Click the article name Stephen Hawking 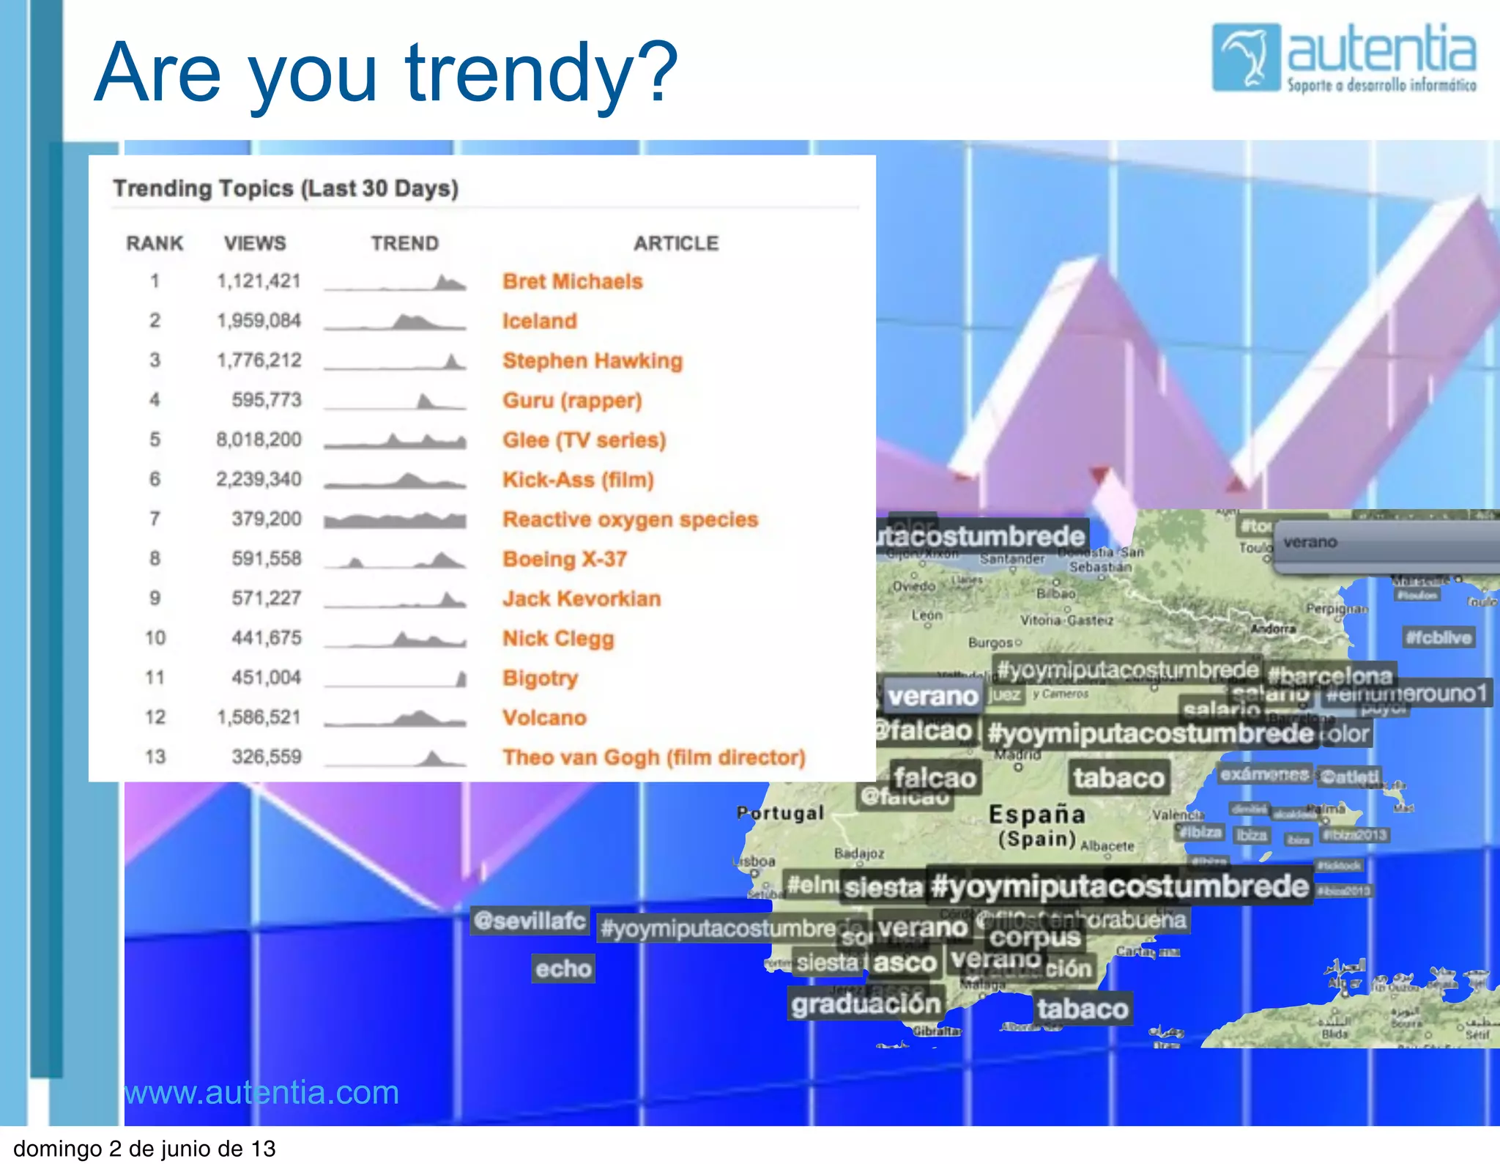[x=592, y=360]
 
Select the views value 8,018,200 [x=259, y=440]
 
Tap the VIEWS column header [x=255, y=243]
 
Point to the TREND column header [x=404, y=243]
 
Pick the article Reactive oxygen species [x=630, y=519]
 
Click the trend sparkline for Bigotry [x=395, y=678]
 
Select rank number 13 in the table [x=155, y=757]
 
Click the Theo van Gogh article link [x=653, y=757]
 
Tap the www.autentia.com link [x=261, y=1092]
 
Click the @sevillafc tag [x=530, y=920]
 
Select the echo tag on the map [x=562, y=968]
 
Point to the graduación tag [x=866, y=1004]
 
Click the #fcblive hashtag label [x=1438, y=637]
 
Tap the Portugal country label [x=781, y=813]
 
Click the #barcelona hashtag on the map [x=1330, y=675]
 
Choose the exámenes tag [x=1264, y=774]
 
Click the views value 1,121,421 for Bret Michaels [x=259, y=281]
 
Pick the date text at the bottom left [x=144, y=1148]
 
